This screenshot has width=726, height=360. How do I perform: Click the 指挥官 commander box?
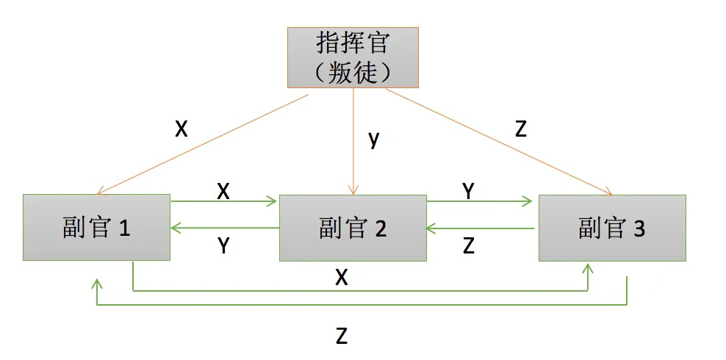353,57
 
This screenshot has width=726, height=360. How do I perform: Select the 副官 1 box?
96,228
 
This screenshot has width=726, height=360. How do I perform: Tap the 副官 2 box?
353,228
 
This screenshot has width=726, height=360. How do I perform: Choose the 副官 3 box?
612,228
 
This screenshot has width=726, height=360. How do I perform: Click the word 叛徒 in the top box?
353,71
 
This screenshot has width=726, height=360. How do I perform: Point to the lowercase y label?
374,139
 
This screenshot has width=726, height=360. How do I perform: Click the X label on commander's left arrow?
181,129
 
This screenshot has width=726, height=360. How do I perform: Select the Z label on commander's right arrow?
521,129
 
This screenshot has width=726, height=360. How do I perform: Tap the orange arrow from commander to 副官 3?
500,142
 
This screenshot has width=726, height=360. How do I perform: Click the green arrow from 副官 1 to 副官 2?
224,201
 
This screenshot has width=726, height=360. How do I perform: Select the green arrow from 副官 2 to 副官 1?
224,228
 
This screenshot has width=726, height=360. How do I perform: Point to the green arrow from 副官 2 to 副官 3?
479,201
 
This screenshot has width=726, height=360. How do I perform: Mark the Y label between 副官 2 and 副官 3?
468,190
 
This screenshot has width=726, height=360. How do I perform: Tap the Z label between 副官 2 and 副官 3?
469,246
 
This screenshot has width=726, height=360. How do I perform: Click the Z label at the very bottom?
341,336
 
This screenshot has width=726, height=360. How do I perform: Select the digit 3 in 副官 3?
639,228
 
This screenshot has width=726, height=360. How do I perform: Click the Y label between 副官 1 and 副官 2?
225,246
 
